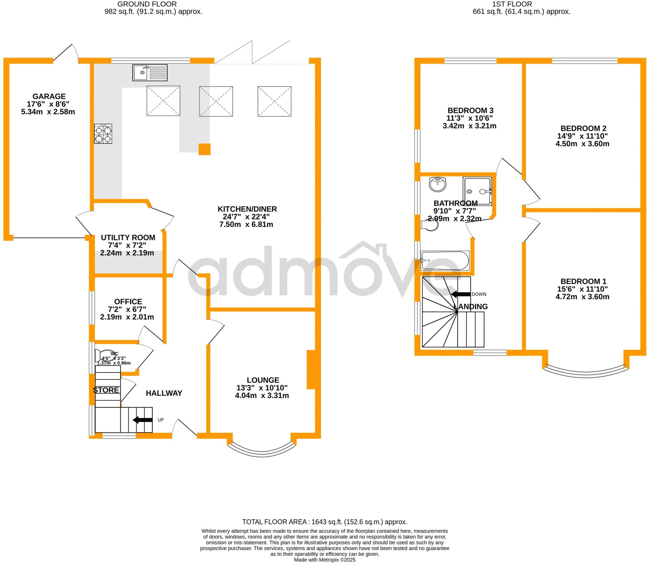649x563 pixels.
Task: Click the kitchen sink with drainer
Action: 150,72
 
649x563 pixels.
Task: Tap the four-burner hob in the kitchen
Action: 103,133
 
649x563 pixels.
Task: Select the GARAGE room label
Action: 49,96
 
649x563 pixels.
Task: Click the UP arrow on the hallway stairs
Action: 142,420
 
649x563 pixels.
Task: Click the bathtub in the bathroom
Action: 445,261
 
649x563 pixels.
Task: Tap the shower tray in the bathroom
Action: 478,191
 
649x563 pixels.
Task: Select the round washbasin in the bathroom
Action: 438,184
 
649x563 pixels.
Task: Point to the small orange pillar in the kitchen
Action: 204,149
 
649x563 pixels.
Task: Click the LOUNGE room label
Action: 263,380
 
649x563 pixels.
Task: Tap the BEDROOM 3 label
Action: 470,110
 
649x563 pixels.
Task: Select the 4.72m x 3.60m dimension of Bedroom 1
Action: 582,297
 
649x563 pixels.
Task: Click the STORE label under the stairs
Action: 106,390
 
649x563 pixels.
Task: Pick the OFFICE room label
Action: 128,301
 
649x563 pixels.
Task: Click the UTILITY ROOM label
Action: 128,237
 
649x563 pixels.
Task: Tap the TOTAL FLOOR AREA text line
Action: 324,521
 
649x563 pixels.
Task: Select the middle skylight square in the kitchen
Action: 216,101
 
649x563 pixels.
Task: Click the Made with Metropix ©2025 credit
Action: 324,560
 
